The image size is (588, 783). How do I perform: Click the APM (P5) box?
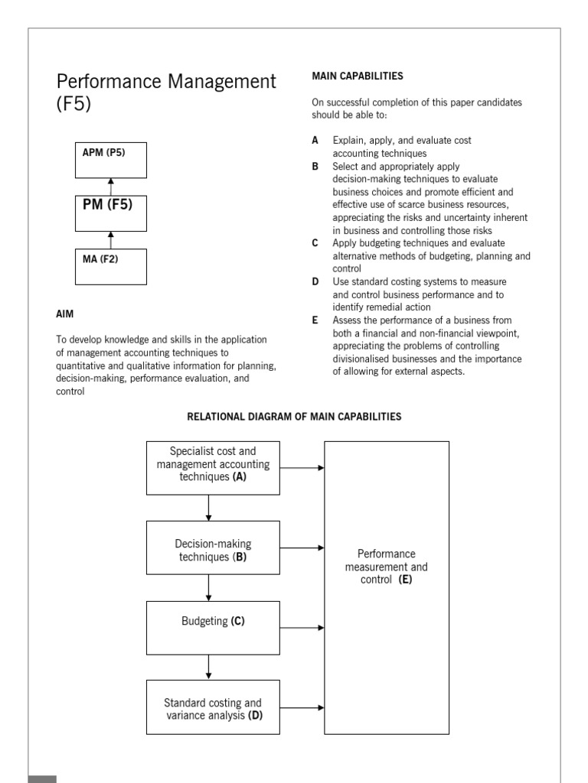tap(110, 160)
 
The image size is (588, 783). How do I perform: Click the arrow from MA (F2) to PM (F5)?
tap(110, 240)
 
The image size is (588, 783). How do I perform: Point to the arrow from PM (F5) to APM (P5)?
tap(110, 187)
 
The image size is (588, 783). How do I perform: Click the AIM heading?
tap(66, 314)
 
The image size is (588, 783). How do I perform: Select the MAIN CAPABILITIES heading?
tap(358, 76)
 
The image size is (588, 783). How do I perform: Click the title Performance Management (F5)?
tap(166, 92)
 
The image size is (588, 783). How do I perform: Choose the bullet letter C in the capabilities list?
tap(315, 243)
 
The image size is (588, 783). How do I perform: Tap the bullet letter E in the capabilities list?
tap(315, 320)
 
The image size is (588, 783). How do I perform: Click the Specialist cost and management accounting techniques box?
tap(213, 466)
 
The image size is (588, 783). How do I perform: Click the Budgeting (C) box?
tap(213, 628)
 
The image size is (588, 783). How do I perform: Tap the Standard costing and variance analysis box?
tap(213, 708)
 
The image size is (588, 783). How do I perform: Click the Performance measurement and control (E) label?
tap(387, 566)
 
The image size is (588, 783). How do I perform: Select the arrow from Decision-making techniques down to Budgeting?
tap(208, 587)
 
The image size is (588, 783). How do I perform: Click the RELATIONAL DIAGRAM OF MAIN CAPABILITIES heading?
tap(294, 417)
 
